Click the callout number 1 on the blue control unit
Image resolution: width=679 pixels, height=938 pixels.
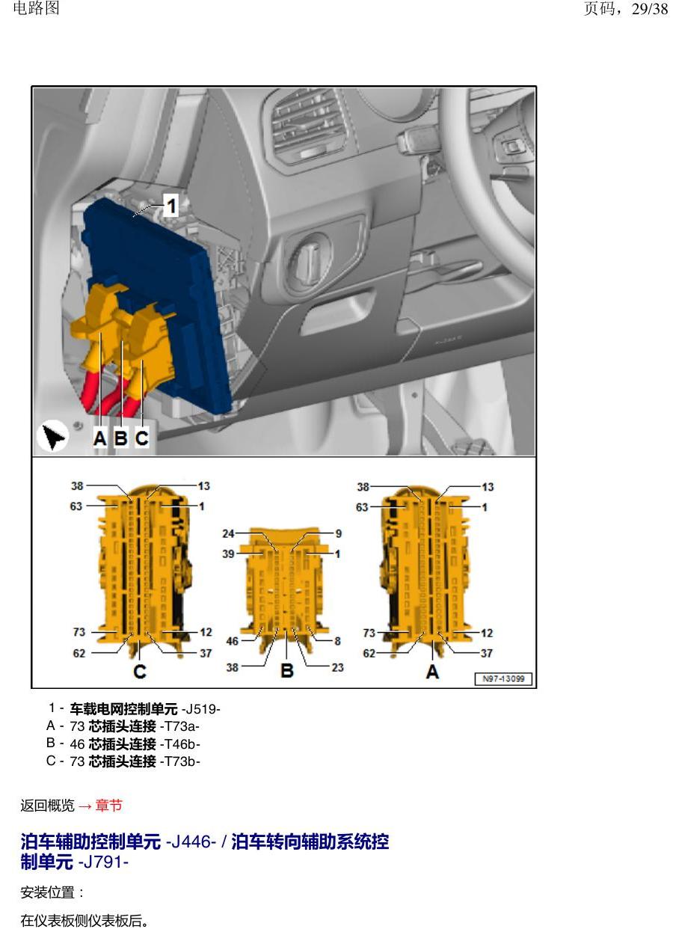tap(172, 205)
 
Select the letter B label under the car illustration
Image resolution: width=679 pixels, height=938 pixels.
tap(121, 438)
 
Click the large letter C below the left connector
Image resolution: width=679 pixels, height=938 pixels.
tap(140, 671)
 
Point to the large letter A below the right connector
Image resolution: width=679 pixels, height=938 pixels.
tap(432, 671)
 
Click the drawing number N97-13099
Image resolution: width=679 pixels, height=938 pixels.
tap(503, 678)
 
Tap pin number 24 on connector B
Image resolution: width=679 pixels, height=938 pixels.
tap(228, 533)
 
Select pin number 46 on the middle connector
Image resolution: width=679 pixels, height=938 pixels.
tap(233, 641)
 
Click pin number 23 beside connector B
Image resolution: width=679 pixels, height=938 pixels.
tap(337, 667)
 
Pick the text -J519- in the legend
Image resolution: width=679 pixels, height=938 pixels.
tap(201, 709)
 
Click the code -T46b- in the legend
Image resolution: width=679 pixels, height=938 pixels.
tap(180, 744)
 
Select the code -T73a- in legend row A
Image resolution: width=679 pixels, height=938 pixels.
tap(179, 726)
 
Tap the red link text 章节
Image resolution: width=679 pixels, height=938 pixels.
tap(109, 806)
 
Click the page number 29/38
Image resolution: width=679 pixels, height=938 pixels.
tap(650, 9)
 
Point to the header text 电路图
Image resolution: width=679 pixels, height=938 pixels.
tap(36, 8)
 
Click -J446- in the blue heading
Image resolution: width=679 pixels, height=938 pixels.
tap(191, 842)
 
